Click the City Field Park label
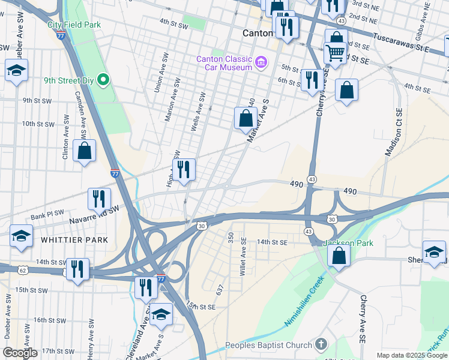click(74, 25)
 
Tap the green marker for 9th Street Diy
click(103, 79)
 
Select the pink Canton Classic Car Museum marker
click(261, 62)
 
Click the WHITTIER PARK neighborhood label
click(74, 240)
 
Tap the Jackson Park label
click(348, 243)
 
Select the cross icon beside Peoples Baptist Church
click(321, 344)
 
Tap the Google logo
click(20, 353)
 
